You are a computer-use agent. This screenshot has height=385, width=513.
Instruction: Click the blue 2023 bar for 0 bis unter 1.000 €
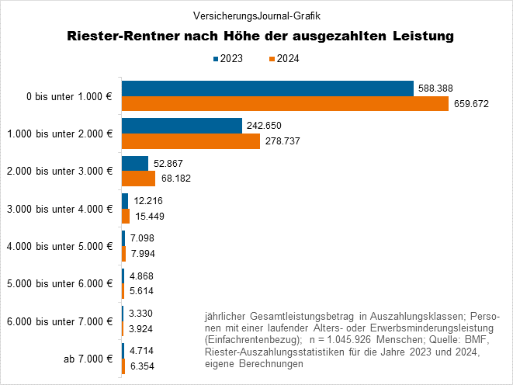[x=267, y=88]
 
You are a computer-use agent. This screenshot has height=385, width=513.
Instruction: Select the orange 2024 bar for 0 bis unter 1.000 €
[x=285, y=103]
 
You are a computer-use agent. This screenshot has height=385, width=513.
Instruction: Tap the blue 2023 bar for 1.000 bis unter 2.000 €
[x=182, y=126]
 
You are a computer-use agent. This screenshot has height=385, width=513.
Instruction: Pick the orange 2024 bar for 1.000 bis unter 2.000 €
[x=191, y=140]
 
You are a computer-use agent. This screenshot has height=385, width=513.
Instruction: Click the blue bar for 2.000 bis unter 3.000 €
[x=135, y=163]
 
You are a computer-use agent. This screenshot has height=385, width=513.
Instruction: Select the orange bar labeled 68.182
[x=138, y=178]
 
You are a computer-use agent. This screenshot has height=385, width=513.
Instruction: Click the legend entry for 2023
[x=227, y=59]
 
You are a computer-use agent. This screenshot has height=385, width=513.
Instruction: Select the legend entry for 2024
[x=282, y=59]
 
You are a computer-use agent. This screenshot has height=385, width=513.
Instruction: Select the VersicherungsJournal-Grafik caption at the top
[x=256, y=15]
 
